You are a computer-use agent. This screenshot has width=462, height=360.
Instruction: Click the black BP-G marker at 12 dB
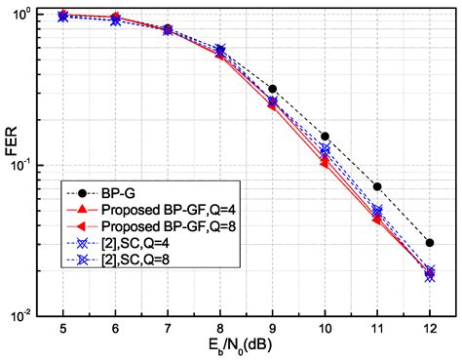pos(430,243)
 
